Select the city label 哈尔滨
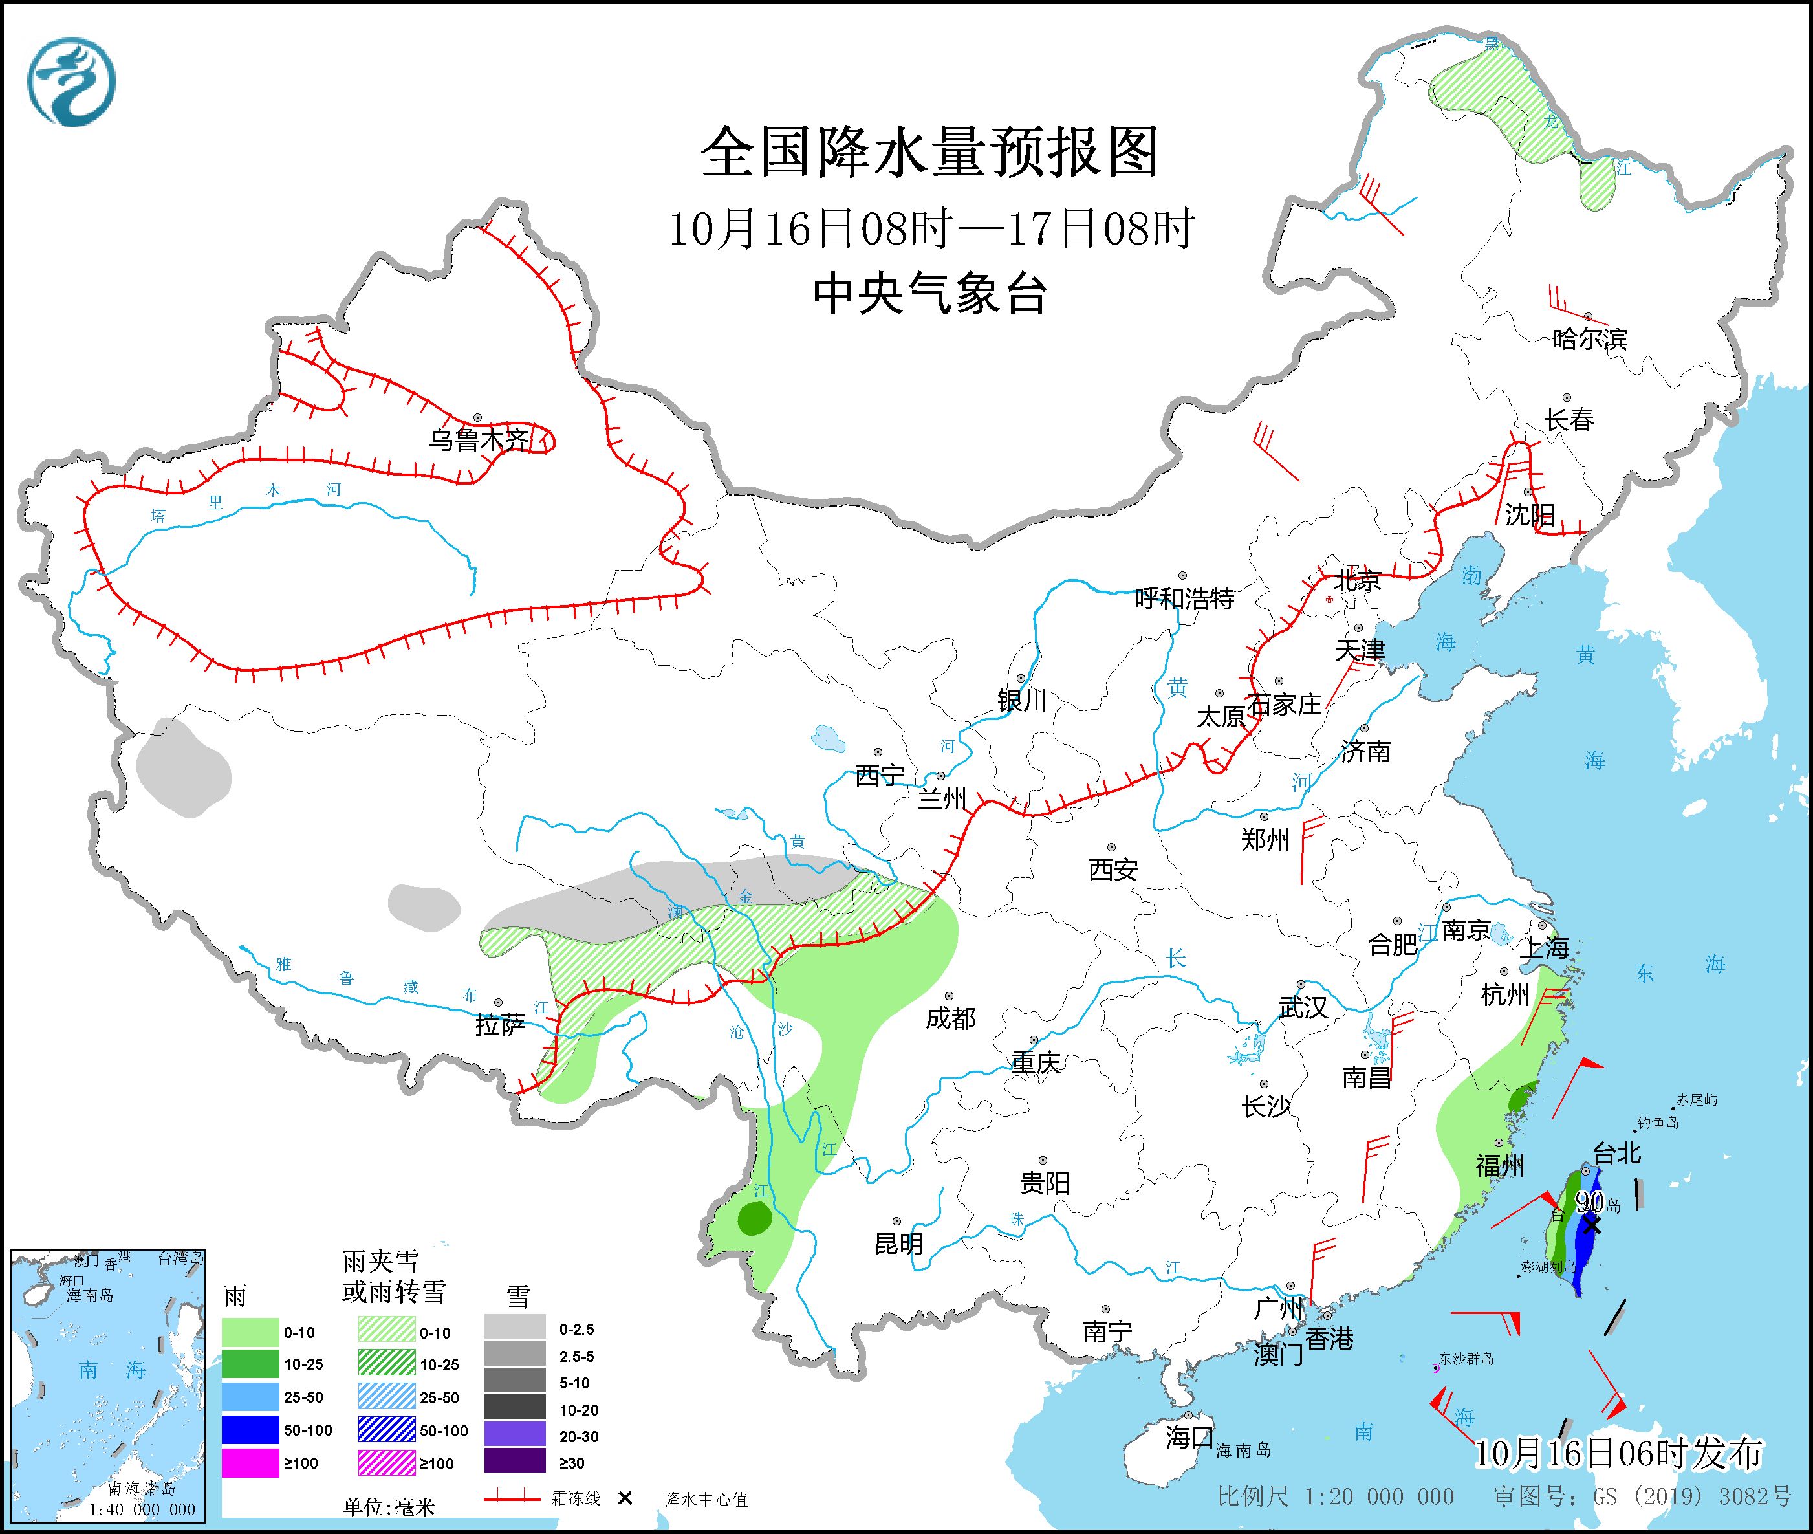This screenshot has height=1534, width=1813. tap(1589, 338)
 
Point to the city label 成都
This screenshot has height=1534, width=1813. tap(950, 1018)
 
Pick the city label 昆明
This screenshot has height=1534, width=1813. tap(898, 1244)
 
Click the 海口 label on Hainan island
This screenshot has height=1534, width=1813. tap(1189, 1436)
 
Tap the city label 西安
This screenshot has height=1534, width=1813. tap(1113, 869)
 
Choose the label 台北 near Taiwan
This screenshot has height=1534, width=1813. tap(1616, 1153)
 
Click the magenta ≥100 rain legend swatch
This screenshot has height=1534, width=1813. tap(250, 1463)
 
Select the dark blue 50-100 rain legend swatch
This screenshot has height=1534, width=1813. tap(250, 1430)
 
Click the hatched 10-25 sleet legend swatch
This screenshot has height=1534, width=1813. tap(386, 1364)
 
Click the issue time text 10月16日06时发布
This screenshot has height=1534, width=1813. tap(1618, 1452)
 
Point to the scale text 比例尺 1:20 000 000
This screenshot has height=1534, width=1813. tap(1335, 1496)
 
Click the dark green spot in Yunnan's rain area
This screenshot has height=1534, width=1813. tap(754, 1219)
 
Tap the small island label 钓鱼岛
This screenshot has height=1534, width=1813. tap(1658, 1123)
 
